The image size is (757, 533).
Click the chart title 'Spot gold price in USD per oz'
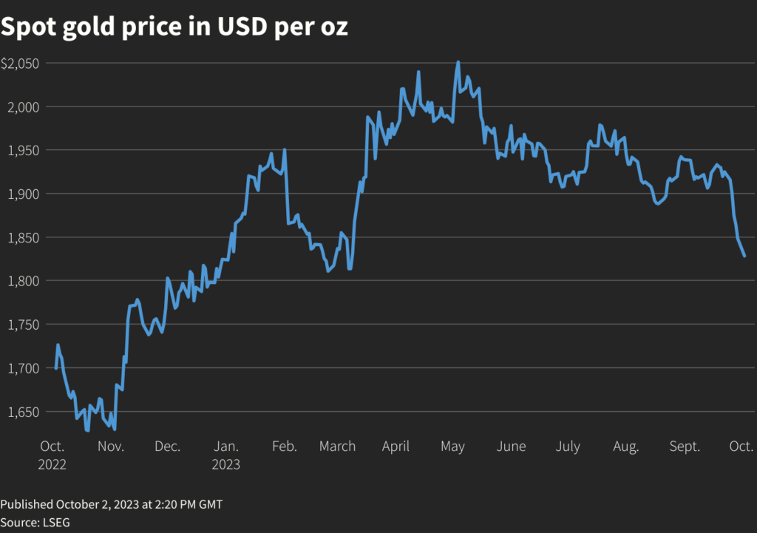(174, 27)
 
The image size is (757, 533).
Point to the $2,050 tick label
(20, 64)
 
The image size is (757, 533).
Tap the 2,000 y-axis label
(24, 107)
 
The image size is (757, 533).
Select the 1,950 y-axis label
(24, 150)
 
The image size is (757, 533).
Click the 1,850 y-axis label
(24, 237)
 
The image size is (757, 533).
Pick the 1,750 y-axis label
(24, 325)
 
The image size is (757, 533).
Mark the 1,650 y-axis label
(24, 412)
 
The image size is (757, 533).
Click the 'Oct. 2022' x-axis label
(52, 455)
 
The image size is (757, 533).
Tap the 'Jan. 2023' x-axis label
(226, 455)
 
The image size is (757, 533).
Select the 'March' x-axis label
(338, 447)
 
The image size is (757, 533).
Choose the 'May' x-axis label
(452, 447)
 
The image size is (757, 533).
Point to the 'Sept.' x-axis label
(685, 447)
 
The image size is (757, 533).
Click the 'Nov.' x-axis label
(110, 447)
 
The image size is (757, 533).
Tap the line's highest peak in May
(458, 62)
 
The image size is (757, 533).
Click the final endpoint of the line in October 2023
(744, 256)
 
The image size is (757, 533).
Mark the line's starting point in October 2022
(56, 368)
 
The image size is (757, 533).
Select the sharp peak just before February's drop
(285, 150)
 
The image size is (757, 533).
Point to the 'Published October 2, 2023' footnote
(111, 504)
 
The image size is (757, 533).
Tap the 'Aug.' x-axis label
(626, 447)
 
